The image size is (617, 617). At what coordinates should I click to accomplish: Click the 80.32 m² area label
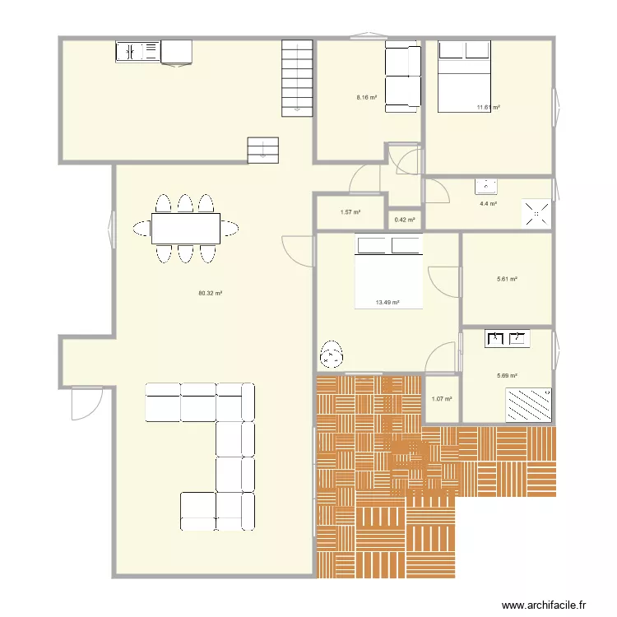coord(210,293)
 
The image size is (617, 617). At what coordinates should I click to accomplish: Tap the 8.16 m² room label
coord(367,97)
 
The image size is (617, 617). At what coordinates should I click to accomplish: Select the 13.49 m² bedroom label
coord(387,303)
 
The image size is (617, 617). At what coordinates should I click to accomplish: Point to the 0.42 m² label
coord(405,220)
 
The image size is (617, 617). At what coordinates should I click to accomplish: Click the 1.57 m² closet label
coord(350,212)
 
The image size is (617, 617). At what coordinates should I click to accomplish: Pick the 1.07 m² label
coord(442,399)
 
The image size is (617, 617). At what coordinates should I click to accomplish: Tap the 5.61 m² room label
coord(507,279)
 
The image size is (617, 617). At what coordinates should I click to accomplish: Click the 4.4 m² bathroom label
coord(488,204)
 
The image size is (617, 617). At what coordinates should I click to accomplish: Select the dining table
coord(186,229)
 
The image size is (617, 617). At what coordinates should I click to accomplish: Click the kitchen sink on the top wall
coord(137,52)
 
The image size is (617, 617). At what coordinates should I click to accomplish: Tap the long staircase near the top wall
coord(297,78)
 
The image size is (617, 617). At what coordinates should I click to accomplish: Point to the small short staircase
coord(263,151)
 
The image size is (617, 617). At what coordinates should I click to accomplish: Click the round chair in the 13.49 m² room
coord(332,355)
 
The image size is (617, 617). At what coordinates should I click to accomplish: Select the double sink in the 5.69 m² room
coord(508,338)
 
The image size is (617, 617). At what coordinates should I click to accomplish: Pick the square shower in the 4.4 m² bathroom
coord(536,214)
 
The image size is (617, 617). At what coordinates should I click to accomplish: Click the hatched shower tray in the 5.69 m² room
coord(528,406)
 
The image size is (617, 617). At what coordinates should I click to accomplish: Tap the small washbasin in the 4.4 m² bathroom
coord(486,187)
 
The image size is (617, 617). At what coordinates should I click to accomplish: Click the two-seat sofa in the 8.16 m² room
coord(402,77)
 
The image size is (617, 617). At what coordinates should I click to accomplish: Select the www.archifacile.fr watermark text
coord(544,605)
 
